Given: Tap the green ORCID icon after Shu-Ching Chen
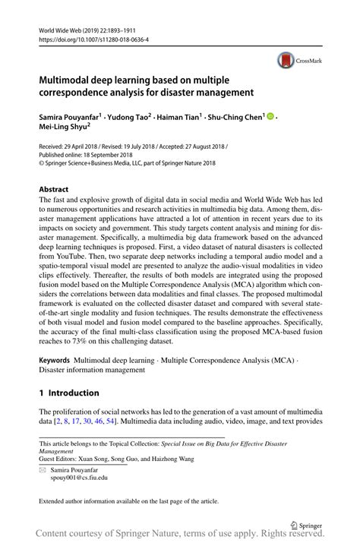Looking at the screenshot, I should pyautogui.click(x=270, y=118).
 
